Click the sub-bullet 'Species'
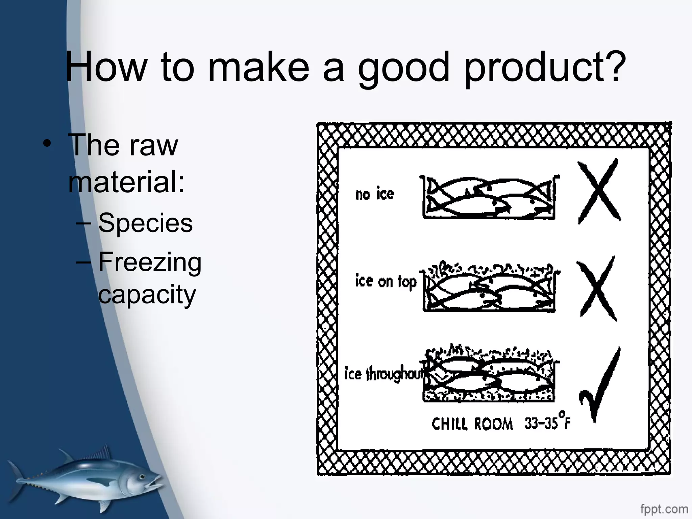click(145, 223)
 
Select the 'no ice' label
click(374, 194)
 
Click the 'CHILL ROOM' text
click(472, 424)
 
